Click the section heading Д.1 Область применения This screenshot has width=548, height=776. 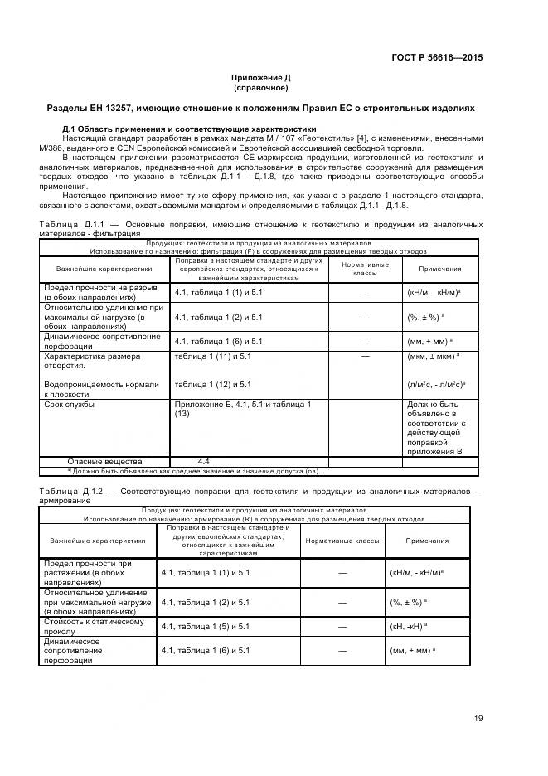[189, 129]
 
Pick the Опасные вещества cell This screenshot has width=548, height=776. [104, 461]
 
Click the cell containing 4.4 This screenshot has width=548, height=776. [203, 461]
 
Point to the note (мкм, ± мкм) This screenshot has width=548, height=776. [434, 356]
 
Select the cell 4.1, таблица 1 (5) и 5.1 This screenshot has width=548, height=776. [206, 626]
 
